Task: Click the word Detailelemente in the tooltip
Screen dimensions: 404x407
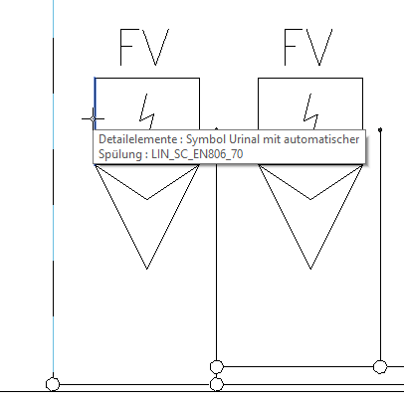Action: (138, 139)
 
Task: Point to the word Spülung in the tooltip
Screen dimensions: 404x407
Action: (121, 154)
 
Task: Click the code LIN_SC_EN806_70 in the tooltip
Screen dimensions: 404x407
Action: (197, 154)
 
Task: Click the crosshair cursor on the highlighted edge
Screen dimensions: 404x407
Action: (93, 118)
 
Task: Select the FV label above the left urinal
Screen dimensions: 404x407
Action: (144, 47)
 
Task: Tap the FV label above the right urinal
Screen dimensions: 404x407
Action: (308, 47)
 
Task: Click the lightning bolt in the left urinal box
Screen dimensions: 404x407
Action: (146, 111)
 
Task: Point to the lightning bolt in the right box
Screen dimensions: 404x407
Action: (310, 111)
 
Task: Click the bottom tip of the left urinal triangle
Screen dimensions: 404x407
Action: (147, 269)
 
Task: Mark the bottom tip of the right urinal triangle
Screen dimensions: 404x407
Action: (310, 269)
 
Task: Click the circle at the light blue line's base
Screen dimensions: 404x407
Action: (53, 384)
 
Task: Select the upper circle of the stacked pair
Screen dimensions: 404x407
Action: (217, 367)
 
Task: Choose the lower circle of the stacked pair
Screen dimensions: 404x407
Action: (217, 385)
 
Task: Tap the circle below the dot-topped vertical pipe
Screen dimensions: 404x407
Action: (380, 367)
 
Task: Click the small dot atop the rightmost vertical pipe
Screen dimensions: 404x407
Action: (380, 129)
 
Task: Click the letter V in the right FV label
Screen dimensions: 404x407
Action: (318, 47)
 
